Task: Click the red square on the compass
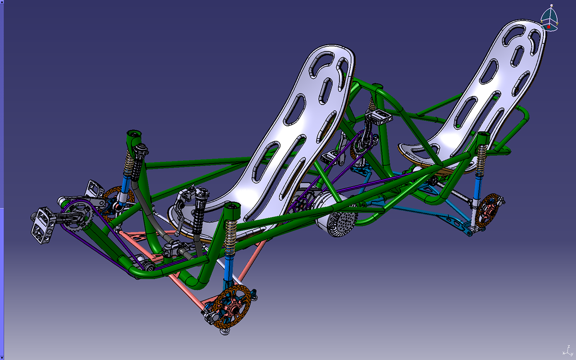point(549,27)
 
